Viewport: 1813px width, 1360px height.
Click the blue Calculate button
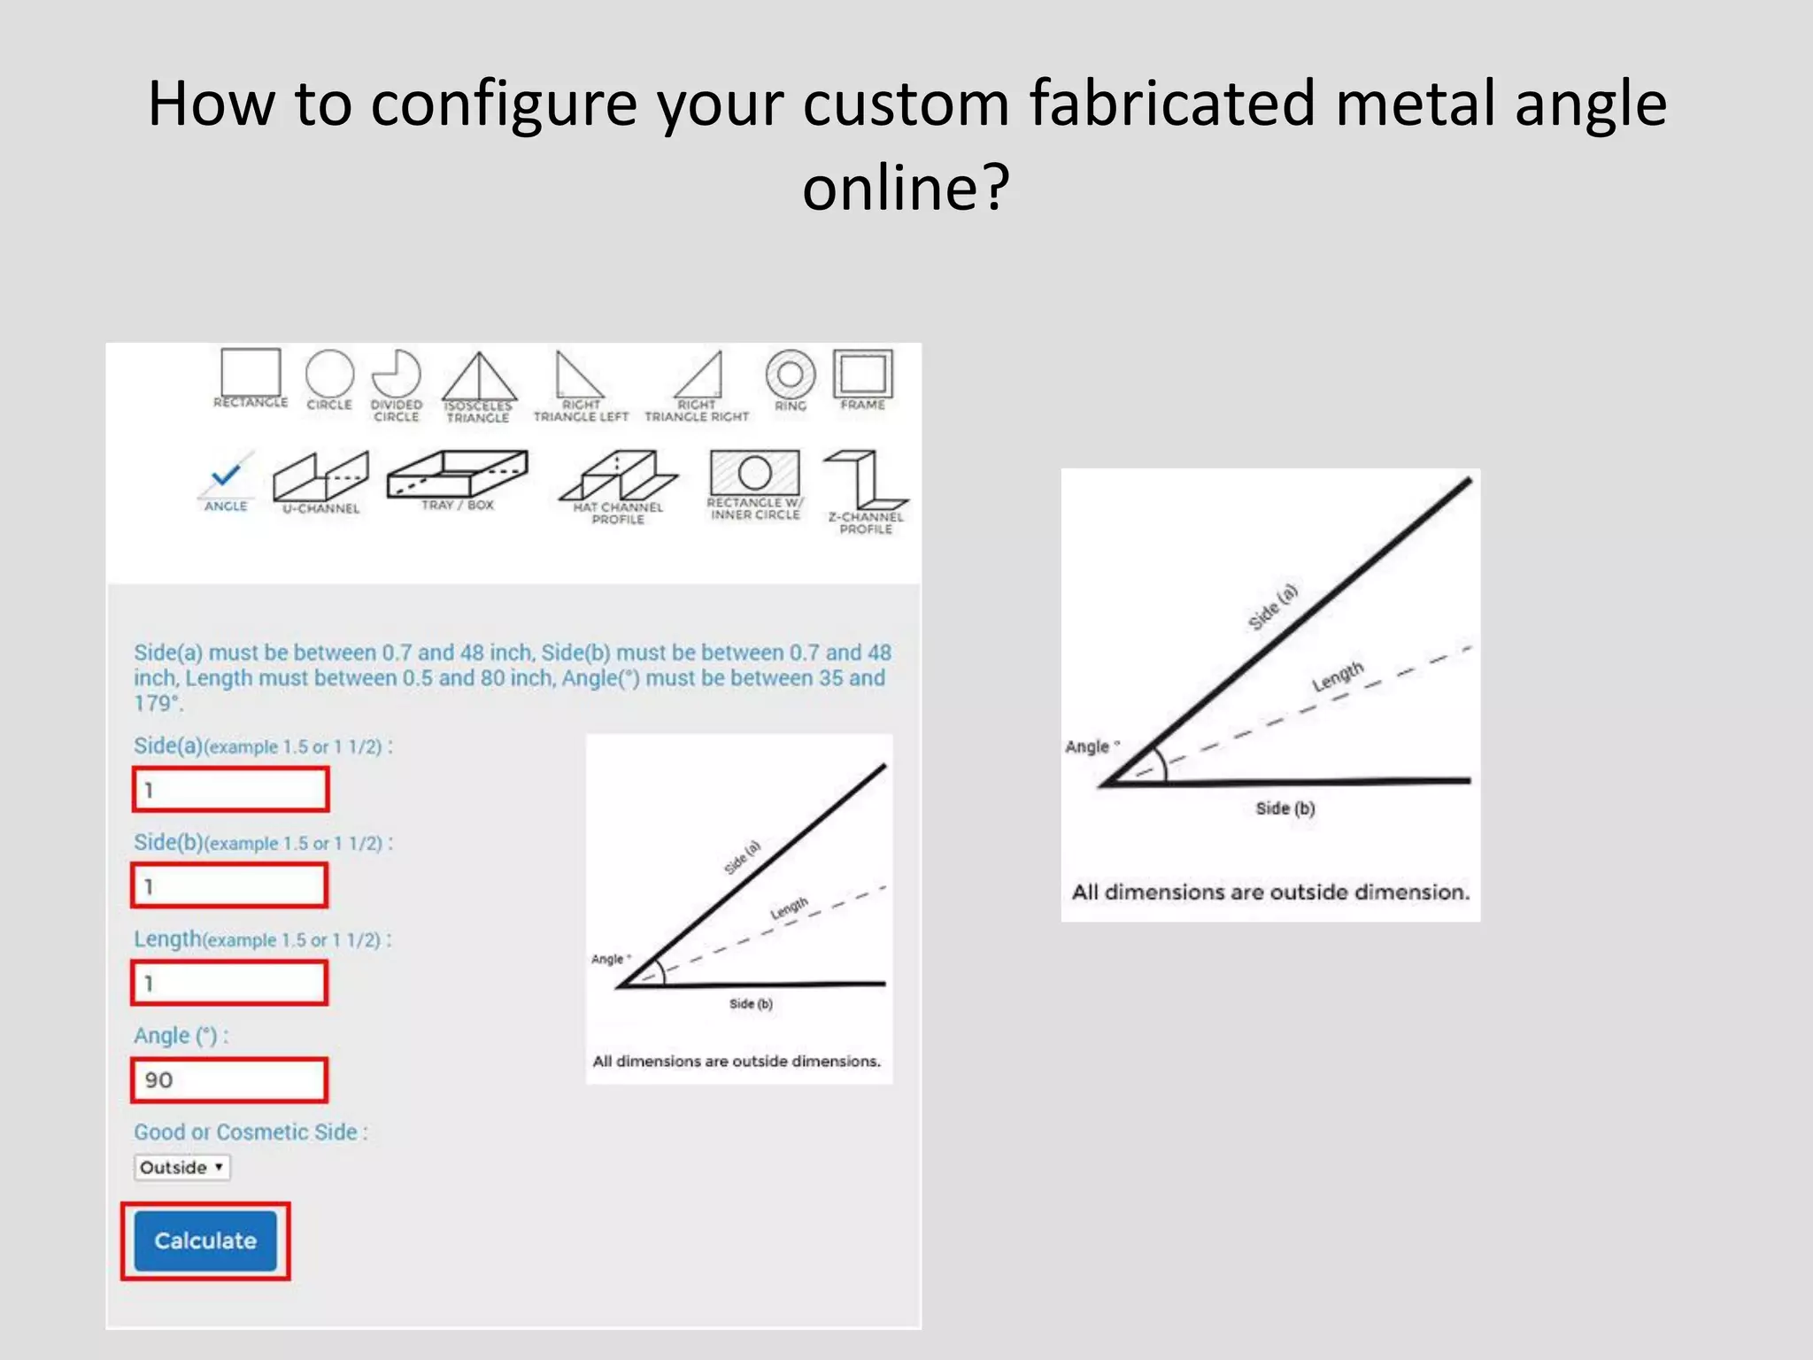point(205,1240)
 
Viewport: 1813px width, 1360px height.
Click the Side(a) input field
point(230,789)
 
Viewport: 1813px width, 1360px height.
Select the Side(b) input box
point(230,885)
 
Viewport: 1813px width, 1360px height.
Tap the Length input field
point(230,983)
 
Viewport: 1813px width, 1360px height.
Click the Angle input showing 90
point(230,1079)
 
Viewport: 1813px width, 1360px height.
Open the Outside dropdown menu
point(181,1167)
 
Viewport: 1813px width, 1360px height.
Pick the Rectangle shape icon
point(251,373)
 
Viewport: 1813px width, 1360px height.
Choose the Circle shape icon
point(329,375)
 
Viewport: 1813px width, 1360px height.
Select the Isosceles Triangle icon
point(479,378)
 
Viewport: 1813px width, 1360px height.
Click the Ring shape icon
point(791,375)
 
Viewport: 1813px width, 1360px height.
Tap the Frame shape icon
point(863,375)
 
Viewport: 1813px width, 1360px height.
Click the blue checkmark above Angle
point(227,475)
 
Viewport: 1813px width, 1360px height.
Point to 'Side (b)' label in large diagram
point(1285,807)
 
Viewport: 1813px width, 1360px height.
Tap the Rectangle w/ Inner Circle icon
point(754,473)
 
